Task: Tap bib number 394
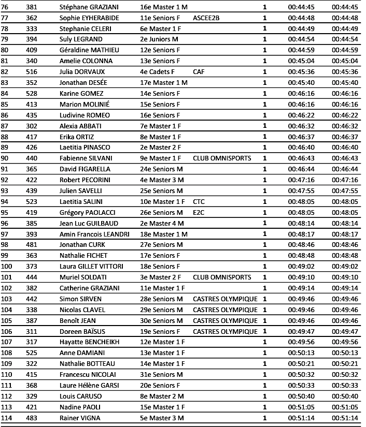(x=32, y=39)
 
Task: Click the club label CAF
(x=199, y=72)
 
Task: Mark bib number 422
(x=32, y=180)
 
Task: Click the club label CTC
(x=199, y=202)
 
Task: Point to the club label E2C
(x=199, y=213)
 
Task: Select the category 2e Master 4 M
(x=162, y=224)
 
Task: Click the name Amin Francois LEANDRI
(x=94, y=234)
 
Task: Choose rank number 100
(x=7, y=267)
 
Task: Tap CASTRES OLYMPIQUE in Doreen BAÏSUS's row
(x=225, y=332)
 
